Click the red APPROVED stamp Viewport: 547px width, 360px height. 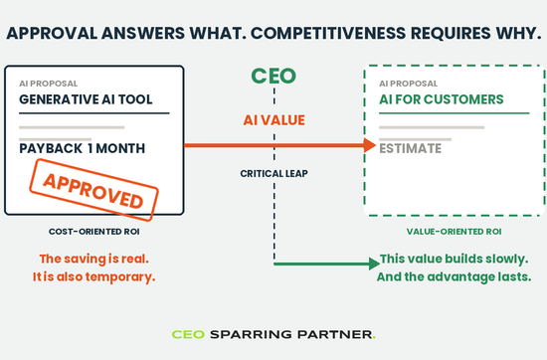click(93, 190)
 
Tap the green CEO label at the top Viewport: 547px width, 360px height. click(273, 76)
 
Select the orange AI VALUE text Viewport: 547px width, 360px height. click(273, 120)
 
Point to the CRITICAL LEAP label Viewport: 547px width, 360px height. click(273, 173)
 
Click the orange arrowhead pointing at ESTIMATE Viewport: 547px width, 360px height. click(369, 145)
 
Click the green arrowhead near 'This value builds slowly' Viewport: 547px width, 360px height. click(374, 264)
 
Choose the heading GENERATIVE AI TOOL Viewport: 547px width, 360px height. click(86, 99)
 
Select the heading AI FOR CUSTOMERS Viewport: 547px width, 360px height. click(442, 99)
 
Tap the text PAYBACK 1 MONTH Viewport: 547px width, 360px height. click(82, 148)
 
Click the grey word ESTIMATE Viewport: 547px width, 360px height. click(410, 148)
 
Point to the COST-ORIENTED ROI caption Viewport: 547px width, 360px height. click(94, 232)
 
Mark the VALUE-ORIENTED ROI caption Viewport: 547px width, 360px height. click(454, 232)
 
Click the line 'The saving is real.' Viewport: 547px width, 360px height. click(94, 259)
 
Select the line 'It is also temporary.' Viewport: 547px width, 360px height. click(94, 276)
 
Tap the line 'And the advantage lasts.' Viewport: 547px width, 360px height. click(454, 276)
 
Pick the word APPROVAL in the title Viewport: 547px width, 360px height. click(52, 33)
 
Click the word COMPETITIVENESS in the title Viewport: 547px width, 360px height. click(328, 33)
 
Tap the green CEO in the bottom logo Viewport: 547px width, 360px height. click(188, 334)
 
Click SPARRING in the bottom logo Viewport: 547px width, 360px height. click(251, 334)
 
